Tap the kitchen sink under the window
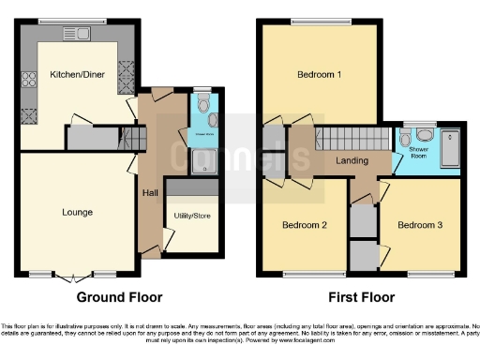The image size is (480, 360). pos(75,35)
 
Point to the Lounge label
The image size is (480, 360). pos(76,212)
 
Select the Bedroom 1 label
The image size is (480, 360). pos(320,74)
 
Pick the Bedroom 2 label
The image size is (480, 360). pos(305,225)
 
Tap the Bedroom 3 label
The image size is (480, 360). pos(419,225)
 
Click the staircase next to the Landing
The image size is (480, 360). pos(351,137)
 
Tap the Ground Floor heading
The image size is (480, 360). pos(119,297)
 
